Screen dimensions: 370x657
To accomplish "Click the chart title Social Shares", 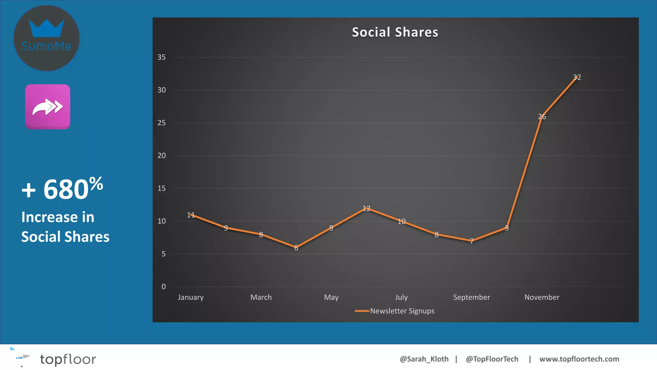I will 395,32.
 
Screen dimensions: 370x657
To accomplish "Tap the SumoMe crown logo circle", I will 47,38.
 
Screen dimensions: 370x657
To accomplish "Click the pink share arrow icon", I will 47,107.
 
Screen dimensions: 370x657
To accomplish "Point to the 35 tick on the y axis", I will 161,57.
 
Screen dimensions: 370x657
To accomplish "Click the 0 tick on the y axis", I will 164,286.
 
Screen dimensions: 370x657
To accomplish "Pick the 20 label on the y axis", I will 161,156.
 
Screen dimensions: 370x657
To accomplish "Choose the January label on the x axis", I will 191,297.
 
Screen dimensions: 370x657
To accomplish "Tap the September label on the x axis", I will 472,297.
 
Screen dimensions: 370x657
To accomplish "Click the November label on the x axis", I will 542,297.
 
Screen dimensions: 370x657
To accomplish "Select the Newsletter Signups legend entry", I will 395,311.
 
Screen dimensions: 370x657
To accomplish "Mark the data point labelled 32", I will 577,77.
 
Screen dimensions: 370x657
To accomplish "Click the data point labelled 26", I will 542,117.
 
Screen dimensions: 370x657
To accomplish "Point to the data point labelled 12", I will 366,208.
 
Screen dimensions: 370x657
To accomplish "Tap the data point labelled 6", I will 296,248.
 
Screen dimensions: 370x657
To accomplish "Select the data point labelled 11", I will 191,215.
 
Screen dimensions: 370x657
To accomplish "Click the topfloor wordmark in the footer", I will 68,359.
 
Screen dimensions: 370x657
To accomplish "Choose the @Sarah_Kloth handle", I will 424,359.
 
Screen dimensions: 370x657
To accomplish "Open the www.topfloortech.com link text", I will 579,359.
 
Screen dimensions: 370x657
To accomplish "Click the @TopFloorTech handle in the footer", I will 492,359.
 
